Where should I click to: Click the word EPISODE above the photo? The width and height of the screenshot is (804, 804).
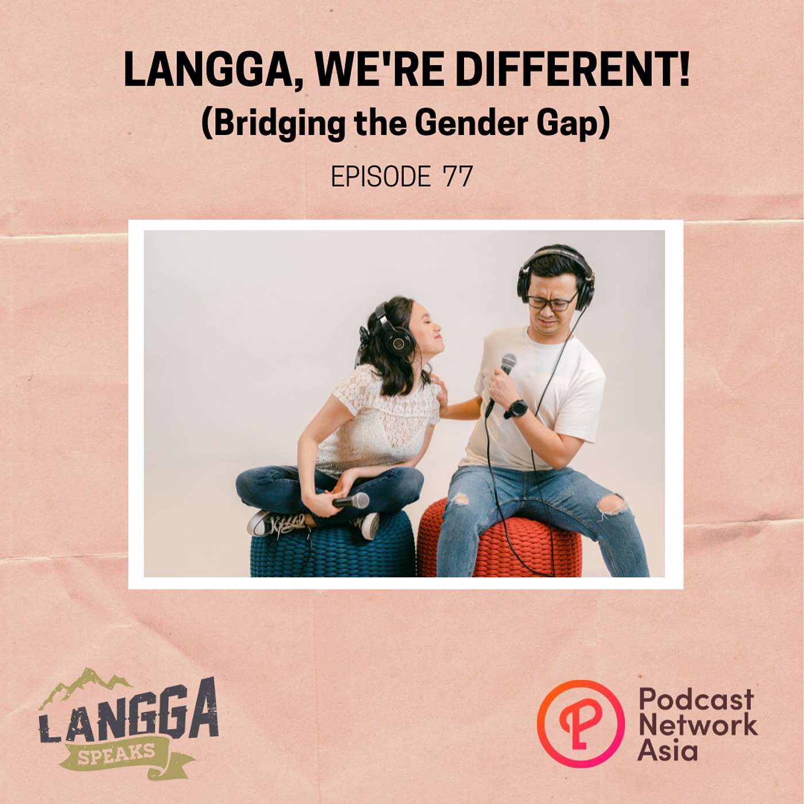(x=381, y=177)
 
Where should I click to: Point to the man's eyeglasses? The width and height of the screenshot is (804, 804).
(x=552, y=301)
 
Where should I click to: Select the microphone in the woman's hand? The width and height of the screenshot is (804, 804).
(x=350, y=500)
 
